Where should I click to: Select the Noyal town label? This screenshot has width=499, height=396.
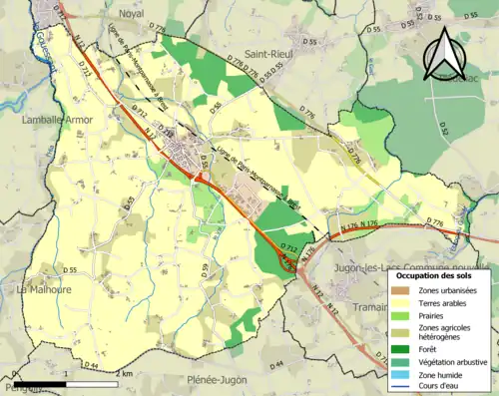point(131,14)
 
